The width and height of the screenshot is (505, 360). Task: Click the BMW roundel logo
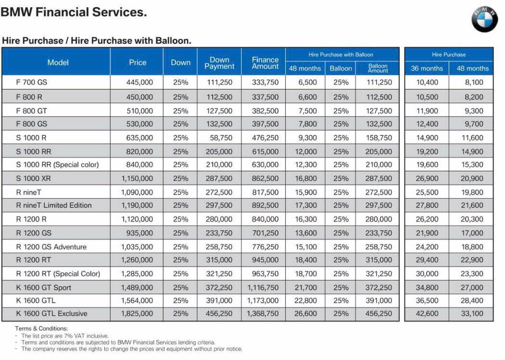(484, 19)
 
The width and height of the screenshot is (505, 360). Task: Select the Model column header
(58, 63)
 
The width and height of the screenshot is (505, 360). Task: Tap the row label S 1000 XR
(33, 178)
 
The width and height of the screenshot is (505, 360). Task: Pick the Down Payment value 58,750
(221, 137)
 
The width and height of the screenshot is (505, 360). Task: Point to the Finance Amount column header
(265, 63)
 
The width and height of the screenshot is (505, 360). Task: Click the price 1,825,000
(137, 313)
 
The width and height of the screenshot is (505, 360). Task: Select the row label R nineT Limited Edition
(54, 205)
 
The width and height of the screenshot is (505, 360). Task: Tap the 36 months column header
(427, 68)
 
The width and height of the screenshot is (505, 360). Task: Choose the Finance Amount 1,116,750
(263, 287)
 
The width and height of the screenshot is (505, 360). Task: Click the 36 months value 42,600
(427, 313)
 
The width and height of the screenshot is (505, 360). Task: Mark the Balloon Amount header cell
(378, 68)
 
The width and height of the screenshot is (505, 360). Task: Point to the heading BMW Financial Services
(74, 12)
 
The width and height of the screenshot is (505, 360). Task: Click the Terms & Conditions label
(41, 328)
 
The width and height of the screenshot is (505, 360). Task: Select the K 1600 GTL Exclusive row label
(52, 313)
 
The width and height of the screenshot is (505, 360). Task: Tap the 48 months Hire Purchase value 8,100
(474, 82)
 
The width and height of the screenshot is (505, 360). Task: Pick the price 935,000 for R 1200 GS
(139, 233)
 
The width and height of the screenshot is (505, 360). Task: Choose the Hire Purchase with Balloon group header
(341, 54)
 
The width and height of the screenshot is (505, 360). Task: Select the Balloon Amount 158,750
(379, 137)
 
